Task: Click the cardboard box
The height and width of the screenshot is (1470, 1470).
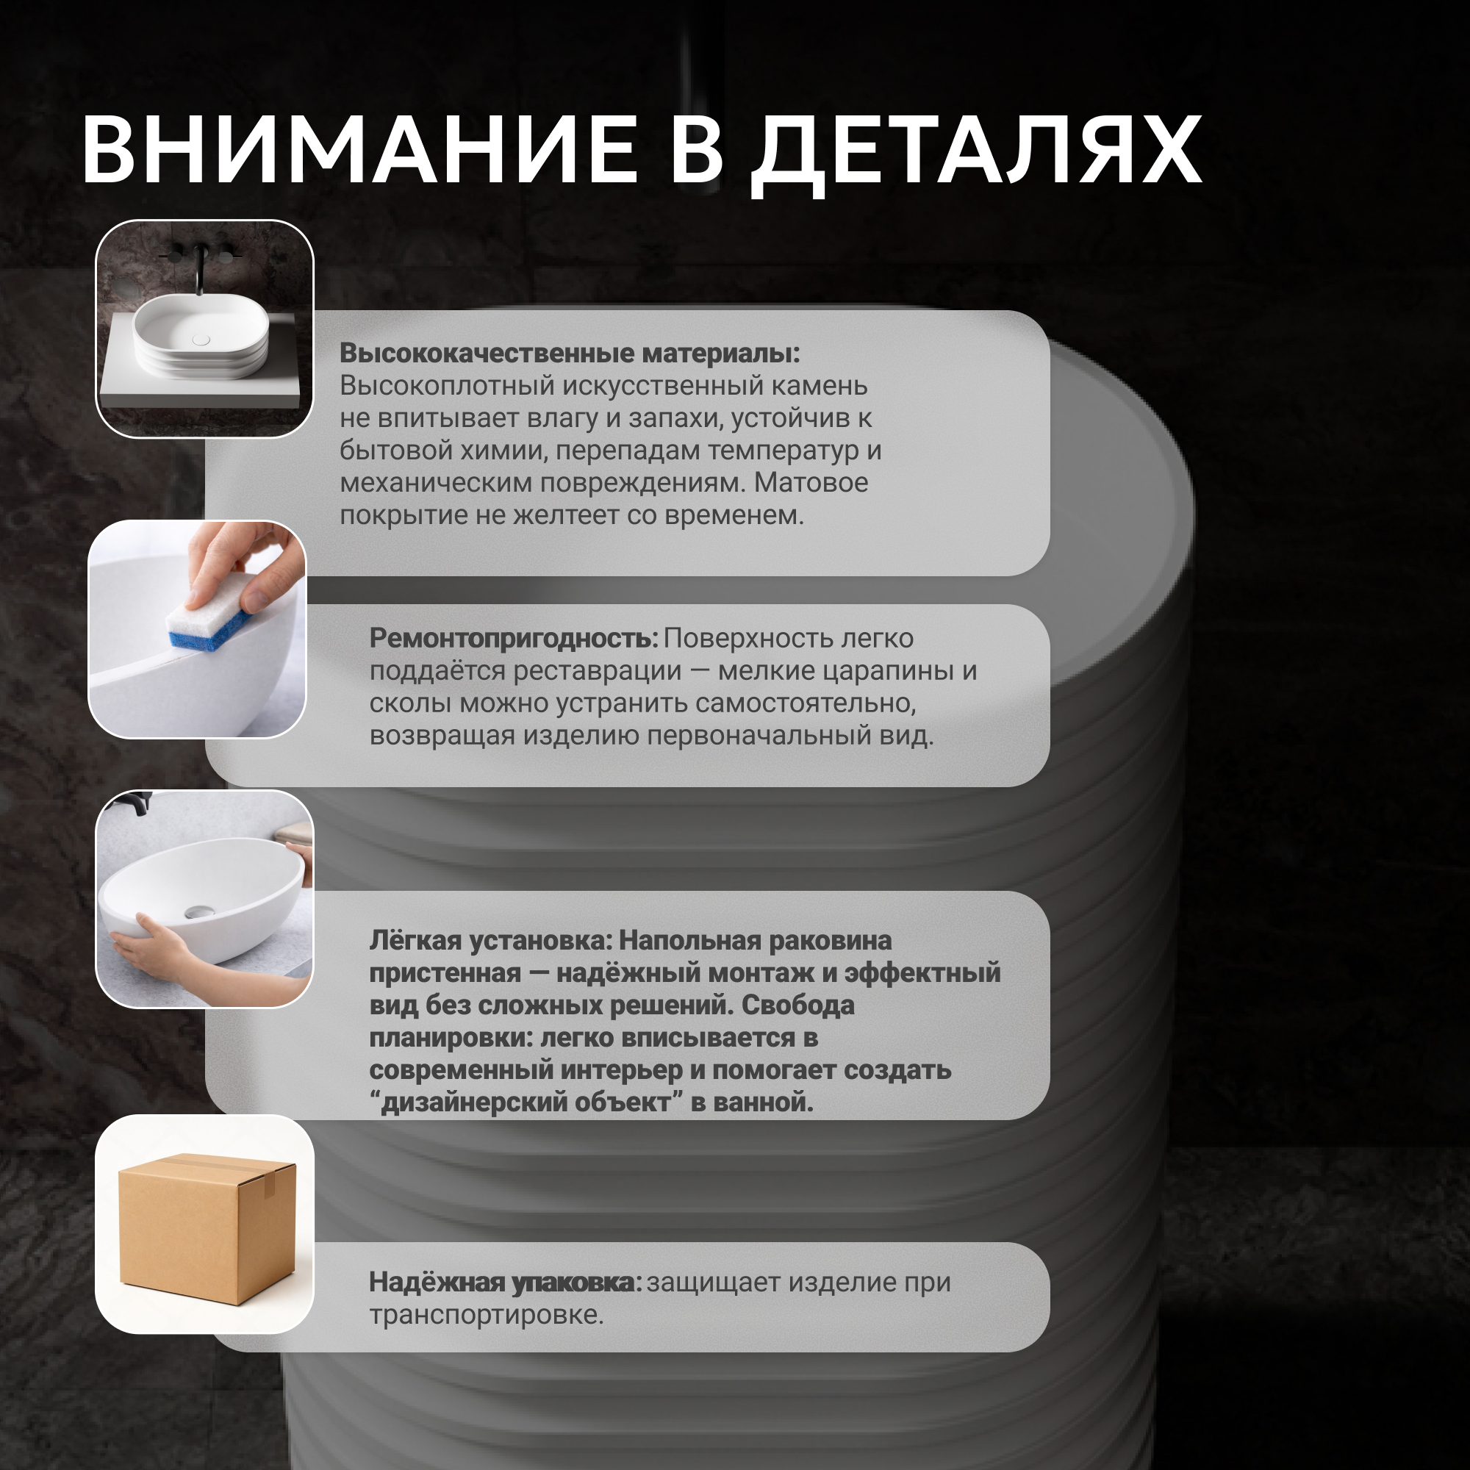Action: tap(207, 1228)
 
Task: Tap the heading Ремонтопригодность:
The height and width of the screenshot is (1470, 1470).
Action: tap(514, 639)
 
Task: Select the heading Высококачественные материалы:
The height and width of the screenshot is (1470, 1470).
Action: tap(570, 353)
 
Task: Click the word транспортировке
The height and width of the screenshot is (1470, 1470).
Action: tap(486, 1315)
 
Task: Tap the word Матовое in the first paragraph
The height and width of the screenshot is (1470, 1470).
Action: tap(811, 482)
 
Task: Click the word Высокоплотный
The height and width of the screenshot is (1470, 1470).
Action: tap(448, 386)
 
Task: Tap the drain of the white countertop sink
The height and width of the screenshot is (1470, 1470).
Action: tap(201, 340)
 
